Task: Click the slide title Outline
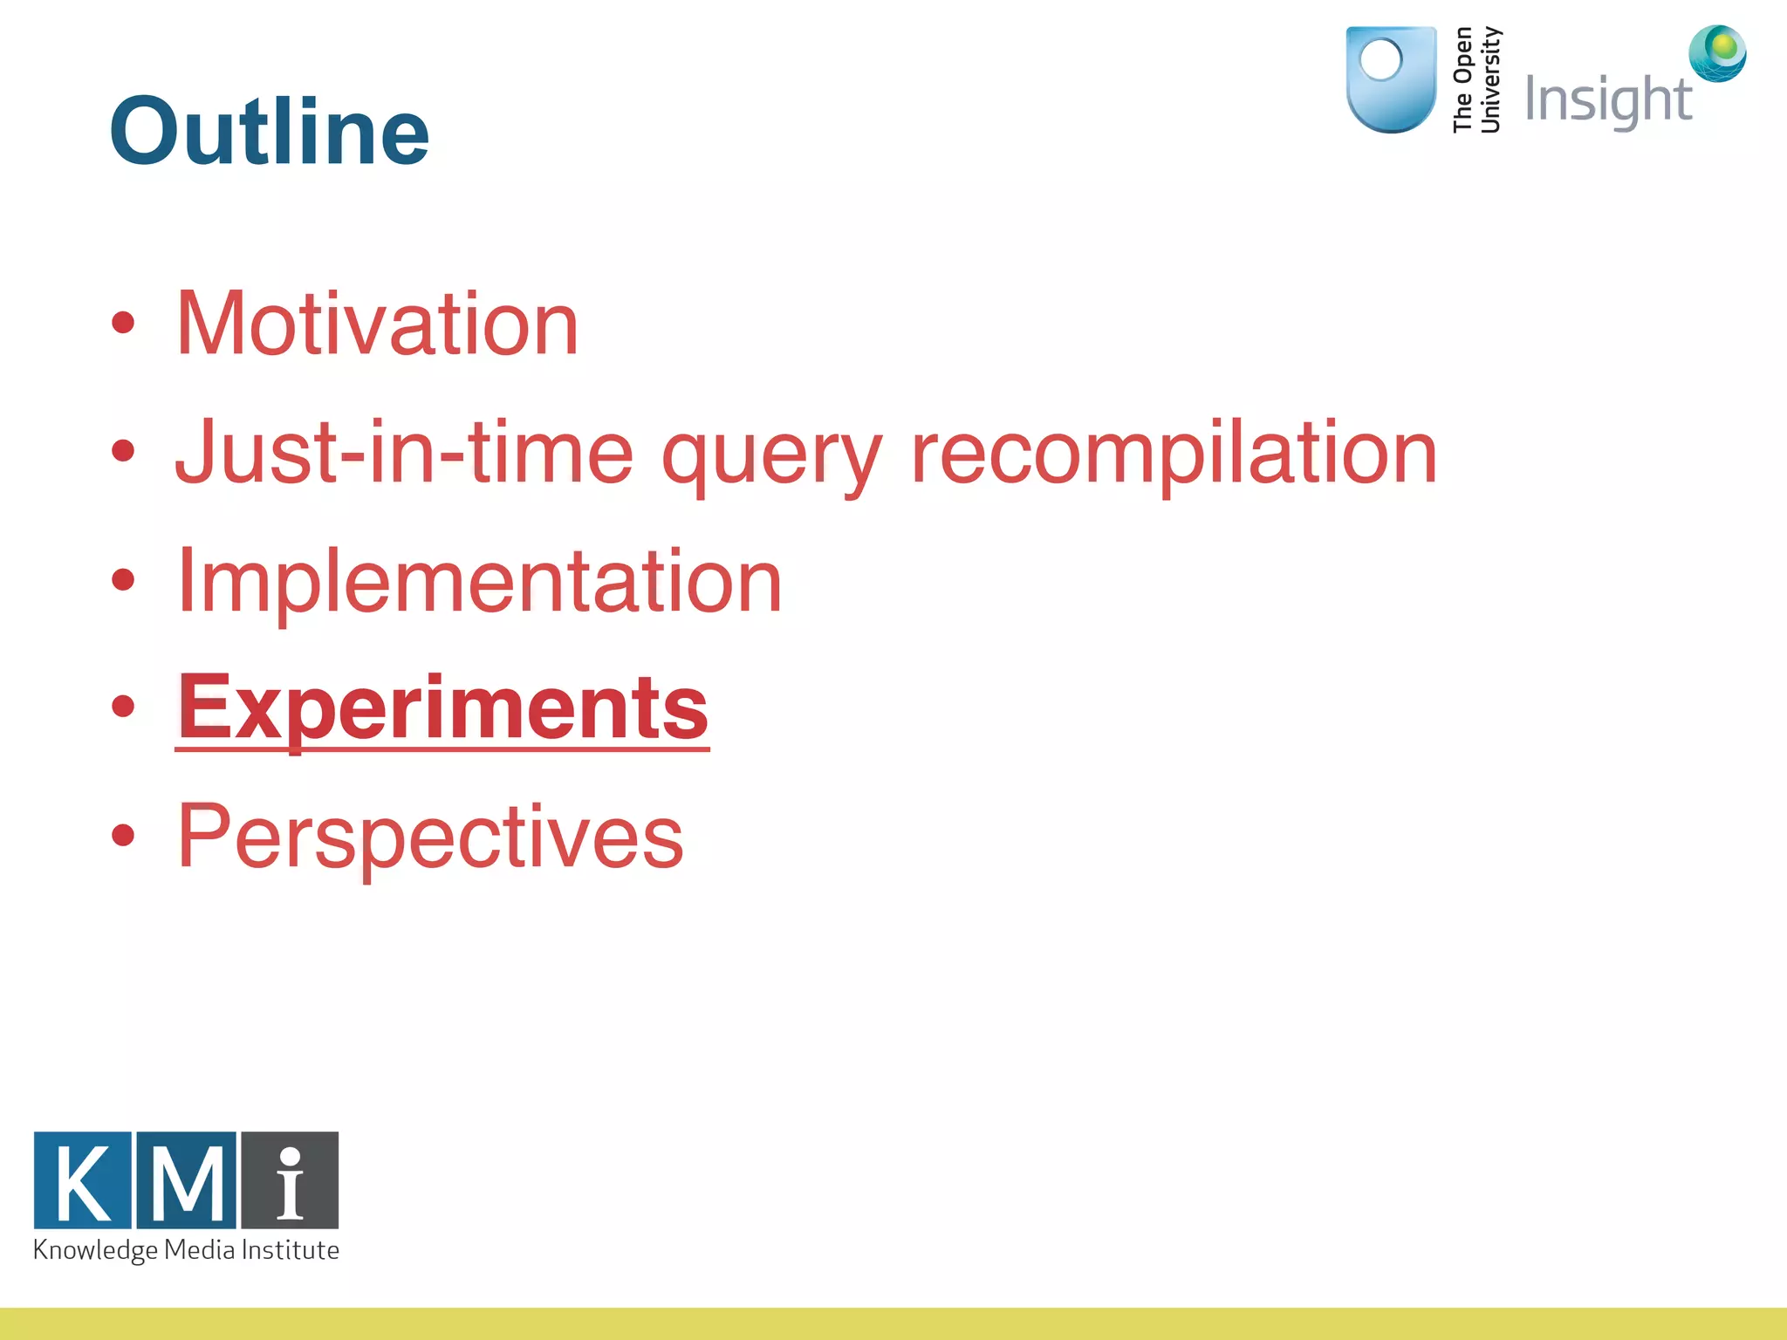(269, 131)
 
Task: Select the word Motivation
(377, 324)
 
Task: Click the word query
(771, 457)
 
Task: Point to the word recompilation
(1174, 453)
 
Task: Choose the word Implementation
(479, 581)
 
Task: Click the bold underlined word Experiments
(443, 708)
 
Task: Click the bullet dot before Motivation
(123, 323)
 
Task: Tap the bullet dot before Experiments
(123, 706)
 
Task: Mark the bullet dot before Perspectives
(123, 835)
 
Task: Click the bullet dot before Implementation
(123, 579)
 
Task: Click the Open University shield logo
(1391, 79)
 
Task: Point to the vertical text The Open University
(1475, 80)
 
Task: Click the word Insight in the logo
(1607, 100)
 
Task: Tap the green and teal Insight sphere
(1717, 53)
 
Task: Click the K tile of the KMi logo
(83, 1180)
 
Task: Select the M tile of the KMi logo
(187, 1180)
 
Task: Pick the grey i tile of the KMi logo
(290, 1180)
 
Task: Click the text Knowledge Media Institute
(186, 1250)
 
